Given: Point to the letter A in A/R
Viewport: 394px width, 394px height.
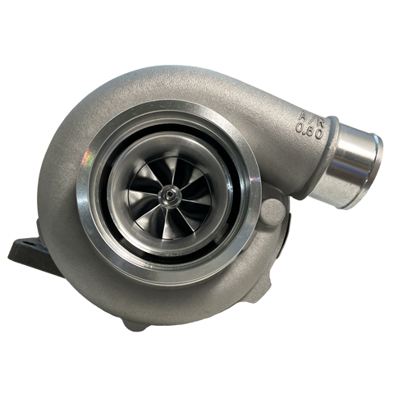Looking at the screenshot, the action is pyautogui.click(x=304, y=116).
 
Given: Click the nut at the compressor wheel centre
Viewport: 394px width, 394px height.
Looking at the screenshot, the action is pyautogui.click(x=170, y=195).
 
